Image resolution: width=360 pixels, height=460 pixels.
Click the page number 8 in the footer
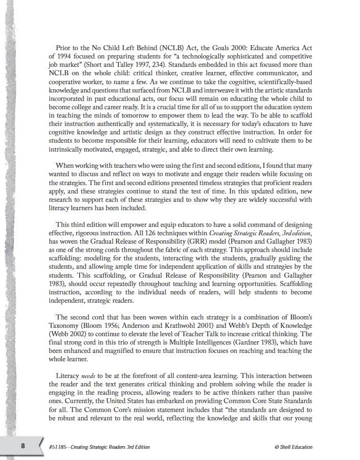point(23,446)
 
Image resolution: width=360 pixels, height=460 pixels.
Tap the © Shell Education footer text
point(294,447)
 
